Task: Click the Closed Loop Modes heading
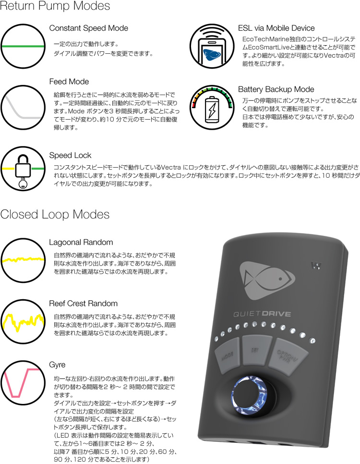click(55, 214)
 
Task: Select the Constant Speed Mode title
click(88, 28)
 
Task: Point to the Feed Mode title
click(69, 82)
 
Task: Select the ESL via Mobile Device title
click(276, 28)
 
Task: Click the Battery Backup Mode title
click(276, 89)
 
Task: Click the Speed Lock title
click(70, 156)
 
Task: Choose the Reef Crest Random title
click(84, 304)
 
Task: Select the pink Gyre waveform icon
click(22, 382)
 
